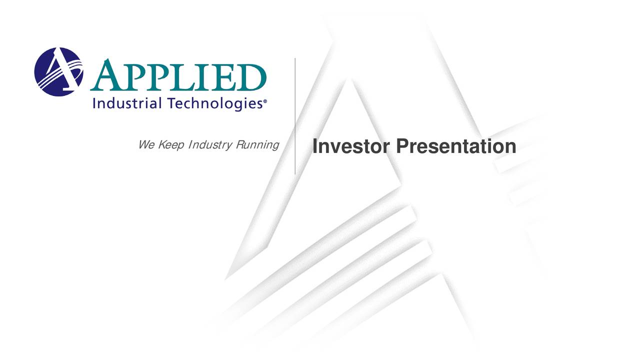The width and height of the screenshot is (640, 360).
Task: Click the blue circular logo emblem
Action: tap(58, 71)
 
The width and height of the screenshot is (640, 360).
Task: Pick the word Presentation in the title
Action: tap(456, 146)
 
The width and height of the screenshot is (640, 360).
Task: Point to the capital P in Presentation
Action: tap(402, 146)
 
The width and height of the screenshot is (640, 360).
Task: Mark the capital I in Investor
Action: tap(315, 146)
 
